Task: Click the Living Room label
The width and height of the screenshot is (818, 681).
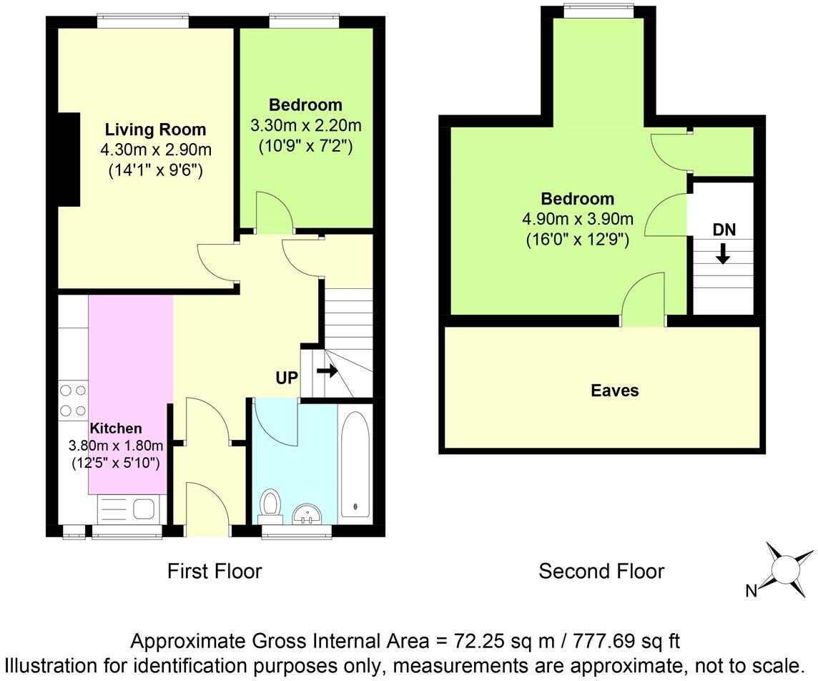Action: click(155, 130)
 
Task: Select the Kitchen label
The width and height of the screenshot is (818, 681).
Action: click(116, 428)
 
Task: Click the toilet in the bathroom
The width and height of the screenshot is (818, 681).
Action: click(270, 504)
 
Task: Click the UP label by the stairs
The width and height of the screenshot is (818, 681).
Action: click(286, 378)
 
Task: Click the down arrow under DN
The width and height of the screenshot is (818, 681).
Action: click(723, 253)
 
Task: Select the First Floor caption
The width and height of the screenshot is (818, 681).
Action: click(215, 571)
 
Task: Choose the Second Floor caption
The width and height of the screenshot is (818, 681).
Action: click(601, 571)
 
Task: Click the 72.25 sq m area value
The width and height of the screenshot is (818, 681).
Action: click(478, 639)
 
